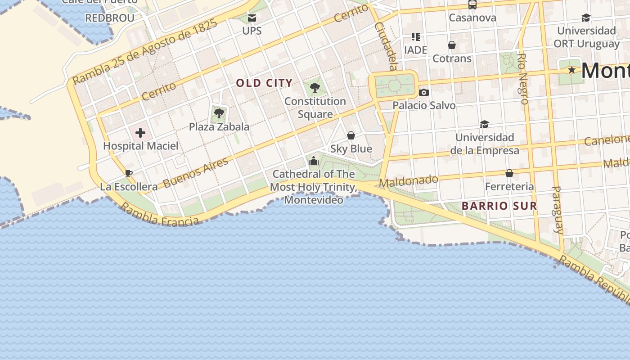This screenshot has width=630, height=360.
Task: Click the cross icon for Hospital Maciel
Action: tap(140, 133)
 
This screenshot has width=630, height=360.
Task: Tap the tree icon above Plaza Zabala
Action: tap(219, 113)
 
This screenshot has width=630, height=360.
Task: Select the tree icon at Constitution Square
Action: tap(315, 88)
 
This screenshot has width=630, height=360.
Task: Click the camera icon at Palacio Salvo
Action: tap(423, 92)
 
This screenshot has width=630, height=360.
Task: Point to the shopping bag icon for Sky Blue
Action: tap(351, 135)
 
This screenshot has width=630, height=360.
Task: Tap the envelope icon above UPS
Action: tap(252, 18)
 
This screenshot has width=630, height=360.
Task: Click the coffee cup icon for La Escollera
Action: tap(129, 173)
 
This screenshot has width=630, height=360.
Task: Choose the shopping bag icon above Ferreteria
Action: tap(509, 173)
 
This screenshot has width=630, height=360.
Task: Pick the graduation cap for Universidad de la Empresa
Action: tap(484, 124)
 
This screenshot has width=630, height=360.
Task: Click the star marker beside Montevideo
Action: tap(571, 70)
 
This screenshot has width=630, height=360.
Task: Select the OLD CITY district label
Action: tap(264, 83)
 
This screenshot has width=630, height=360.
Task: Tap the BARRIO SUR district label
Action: tap(499, 206)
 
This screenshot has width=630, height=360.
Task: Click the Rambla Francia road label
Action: tap(160, 214)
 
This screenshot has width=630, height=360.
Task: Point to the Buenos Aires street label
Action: tap(196, 173)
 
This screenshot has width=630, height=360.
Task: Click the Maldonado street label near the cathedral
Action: tap(409, 181)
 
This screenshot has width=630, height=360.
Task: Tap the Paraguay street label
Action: tap(557, 210)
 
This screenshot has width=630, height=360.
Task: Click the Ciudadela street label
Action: tap(386, 46)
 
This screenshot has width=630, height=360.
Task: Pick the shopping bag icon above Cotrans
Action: tap(451, 45)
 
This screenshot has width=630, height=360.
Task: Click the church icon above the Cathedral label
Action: tap(314, 161)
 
